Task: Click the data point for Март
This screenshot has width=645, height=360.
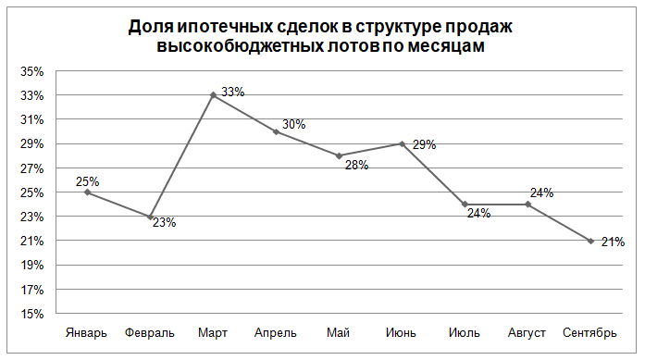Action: (213, 95)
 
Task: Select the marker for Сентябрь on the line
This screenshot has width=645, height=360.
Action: (590, 241)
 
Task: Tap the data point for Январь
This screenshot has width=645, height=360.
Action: (87, 192)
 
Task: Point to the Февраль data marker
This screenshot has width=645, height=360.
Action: (150, 217)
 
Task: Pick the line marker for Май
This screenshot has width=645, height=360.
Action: (339, 155)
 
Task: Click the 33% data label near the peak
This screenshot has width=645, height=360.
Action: (233, 92)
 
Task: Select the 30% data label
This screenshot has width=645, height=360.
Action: (293, 124)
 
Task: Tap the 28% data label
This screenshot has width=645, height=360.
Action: (356, 165)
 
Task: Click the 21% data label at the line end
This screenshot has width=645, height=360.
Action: (613, 242)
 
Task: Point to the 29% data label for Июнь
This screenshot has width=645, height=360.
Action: (424, 144)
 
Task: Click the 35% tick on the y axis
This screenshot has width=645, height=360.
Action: (32, 71)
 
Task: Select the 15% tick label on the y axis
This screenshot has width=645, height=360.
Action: (32, 314)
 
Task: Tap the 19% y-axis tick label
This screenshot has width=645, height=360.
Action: (32, 266)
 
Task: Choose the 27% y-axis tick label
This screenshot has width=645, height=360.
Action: (32, 168)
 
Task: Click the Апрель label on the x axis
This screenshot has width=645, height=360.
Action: (276, 333)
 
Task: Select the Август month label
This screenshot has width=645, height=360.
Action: (527, 333)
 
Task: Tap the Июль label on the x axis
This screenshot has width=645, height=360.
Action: (465, 332)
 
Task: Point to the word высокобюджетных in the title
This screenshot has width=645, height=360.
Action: (240, 46)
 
